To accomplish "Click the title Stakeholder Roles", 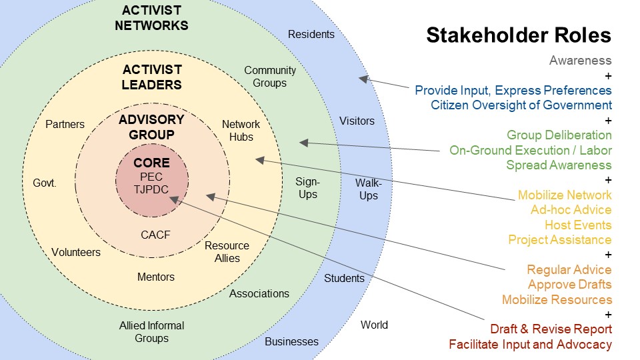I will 519,35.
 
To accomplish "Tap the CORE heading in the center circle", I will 152,163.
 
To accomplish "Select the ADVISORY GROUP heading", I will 151,127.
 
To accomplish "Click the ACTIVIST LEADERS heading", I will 152,77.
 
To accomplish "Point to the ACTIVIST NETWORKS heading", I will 151,19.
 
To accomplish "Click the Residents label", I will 311,34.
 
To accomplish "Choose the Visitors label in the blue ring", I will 357,121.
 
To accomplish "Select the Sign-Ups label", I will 308,187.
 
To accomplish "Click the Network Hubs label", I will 241,131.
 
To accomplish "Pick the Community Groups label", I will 269,77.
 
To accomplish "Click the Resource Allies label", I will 227,252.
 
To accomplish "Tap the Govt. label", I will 45,183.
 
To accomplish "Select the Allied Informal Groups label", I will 151,332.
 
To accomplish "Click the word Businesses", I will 291,342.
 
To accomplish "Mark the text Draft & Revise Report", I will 551,329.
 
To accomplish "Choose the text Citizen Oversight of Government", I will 521,105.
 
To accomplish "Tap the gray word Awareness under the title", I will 580,61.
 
